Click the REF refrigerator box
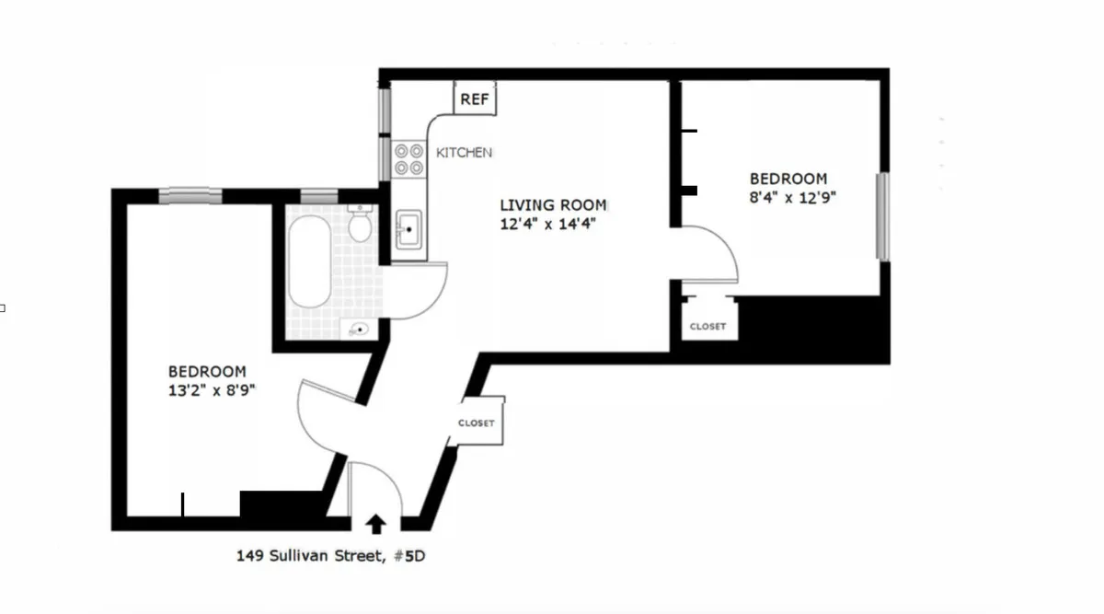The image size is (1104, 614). coord(475,98)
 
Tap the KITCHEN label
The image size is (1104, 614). coord(464,152)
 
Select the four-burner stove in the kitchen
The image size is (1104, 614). coord(408,160)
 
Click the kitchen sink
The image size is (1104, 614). coord(408,226)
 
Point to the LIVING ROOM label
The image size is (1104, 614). coord(553,205)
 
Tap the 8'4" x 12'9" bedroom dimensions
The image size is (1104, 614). coord(792,196)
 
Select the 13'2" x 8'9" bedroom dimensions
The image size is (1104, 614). coord(206,389)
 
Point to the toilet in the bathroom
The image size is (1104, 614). coord(361,224)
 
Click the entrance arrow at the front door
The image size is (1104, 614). coord(375,524)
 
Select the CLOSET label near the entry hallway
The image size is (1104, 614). coord(476,423)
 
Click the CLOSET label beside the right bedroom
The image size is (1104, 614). coord(707,327)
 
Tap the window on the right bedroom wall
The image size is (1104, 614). coord(883,215)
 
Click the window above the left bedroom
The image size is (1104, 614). coord(190,195)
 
